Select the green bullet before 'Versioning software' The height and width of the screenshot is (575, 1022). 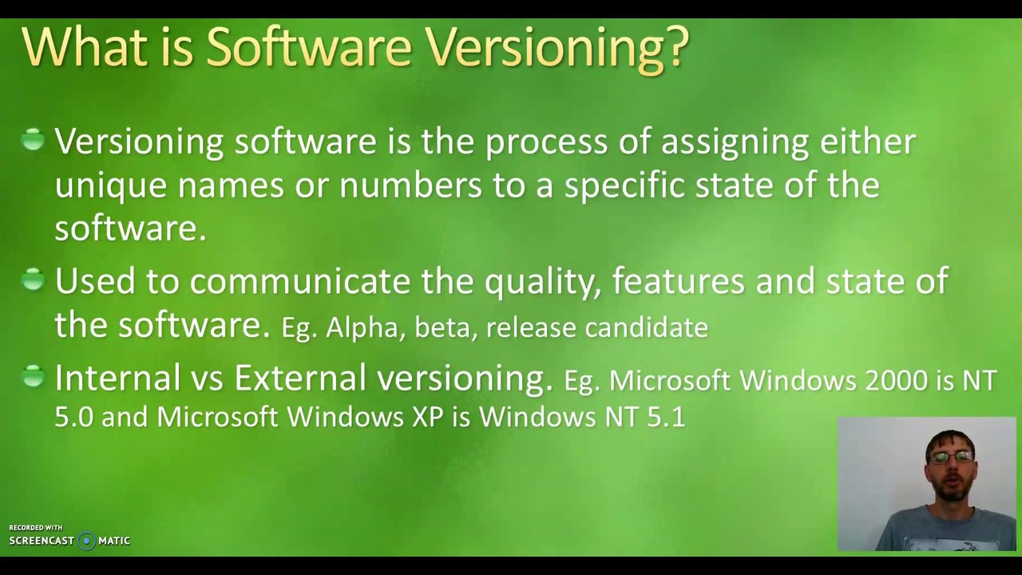coord(33,141)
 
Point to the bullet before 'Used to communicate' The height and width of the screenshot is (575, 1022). coord(33,280)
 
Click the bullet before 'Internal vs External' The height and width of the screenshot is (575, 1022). coord(33,376)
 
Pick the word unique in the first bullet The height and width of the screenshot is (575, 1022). coord(110,185)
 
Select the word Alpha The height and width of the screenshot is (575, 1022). coord(360,327)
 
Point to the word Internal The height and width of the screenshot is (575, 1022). coord(117,378)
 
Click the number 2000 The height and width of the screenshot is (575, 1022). coord(895,381)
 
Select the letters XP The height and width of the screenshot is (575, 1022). coord(427,417)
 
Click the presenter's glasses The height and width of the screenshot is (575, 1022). coord(950,458)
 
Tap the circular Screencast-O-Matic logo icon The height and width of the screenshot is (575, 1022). coord(86,541)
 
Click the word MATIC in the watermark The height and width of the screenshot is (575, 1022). coord(113,541)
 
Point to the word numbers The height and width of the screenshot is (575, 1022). coord(410,185)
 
